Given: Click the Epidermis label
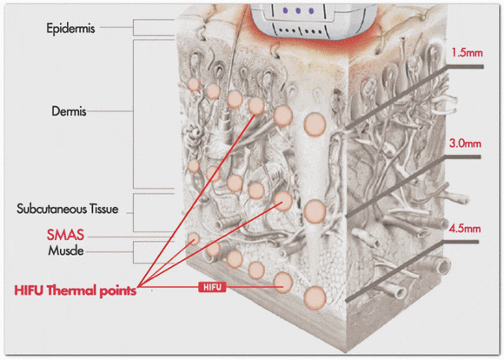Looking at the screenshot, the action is coord(70,29).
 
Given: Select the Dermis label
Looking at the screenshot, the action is coord(69,111).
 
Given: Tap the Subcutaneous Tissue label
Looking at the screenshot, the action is coord(68,209).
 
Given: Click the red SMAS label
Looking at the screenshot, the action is coord(65,235).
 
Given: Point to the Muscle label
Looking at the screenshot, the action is coord(66,250).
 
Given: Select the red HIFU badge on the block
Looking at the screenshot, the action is coord(212,287).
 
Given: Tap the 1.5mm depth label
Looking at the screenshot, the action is coord(467,52).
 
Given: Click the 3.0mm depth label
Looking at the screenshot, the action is coord(465,143).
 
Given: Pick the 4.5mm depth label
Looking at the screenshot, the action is coord(465,229).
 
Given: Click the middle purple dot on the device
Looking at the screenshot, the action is coord(298,10).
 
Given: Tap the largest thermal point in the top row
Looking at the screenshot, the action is coord(315,124).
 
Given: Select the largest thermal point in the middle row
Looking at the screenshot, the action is coord(315,211).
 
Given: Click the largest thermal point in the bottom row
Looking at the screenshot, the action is coord(315,298).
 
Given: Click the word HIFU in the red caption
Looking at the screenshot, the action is coord(29,290).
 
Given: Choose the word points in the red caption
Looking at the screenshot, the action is coord(117,291).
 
